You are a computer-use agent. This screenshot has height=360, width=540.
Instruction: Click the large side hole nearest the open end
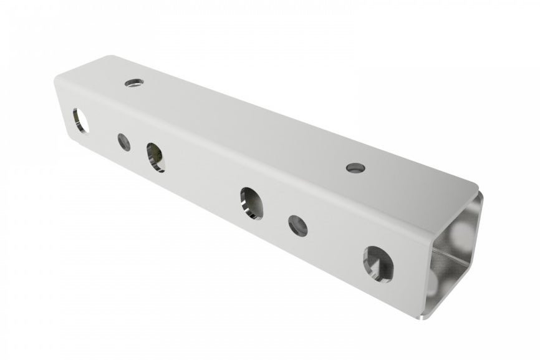click(378, 261)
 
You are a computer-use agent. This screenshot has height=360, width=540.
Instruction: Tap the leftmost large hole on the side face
click(81, 120)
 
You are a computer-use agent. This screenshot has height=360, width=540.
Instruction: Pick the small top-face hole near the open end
click(354, 167)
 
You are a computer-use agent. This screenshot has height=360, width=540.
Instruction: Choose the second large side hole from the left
click(156, 157)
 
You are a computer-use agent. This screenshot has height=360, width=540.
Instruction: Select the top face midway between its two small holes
click(243, 125)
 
